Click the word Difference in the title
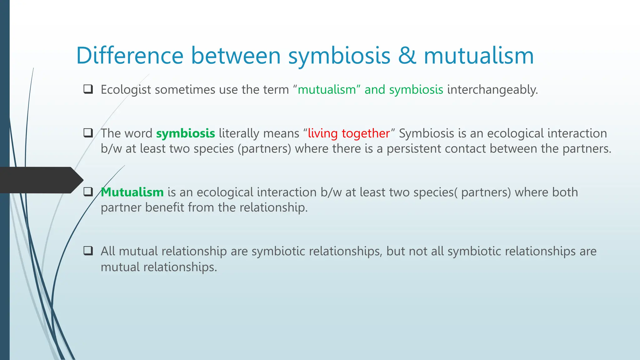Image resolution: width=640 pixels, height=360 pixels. (x=130, y=56)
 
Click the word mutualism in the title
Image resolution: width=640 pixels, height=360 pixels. (x=479, y=56)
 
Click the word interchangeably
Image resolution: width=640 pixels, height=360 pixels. (x=492, y=90)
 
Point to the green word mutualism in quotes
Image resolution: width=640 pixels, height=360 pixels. (x=327, y=90)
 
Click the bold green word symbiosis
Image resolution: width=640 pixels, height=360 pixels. (x=186, y=133)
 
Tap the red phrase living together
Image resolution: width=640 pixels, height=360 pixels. (x=349, y=133)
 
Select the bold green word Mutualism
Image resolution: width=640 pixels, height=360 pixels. (x=132, y=192)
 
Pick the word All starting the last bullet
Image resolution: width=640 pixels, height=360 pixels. (x=108, y=251)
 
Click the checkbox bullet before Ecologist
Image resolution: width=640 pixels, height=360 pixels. (x=88, y=89)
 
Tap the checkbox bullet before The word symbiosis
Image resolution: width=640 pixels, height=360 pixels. (x=88, y=133)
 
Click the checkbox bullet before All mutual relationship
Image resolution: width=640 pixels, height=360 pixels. (x=88, y=251)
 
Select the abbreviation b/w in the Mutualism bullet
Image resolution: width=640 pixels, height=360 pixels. (x=331, y=192)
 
